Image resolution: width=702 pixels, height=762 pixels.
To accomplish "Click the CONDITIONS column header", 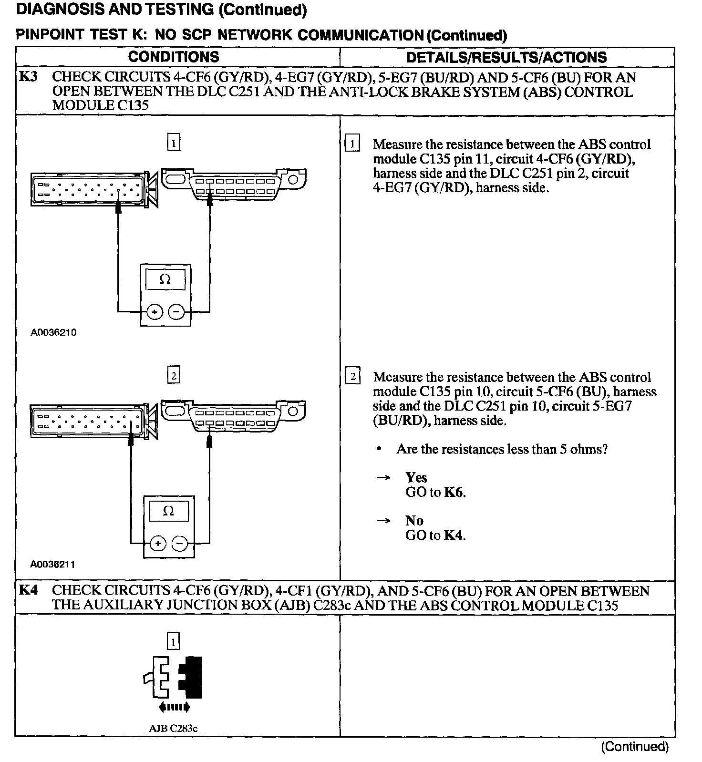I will click(x=174, y=57).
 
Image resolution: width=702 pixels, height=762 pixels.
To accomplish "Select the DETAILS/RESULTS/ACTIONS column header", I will click(x=506, y=58).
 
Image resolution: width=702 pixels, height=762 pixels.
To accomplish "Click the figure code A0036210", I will click(x=53, y=332).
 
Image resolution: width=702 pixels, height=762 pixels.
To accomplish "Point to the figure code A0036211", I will click(x=52, y=565).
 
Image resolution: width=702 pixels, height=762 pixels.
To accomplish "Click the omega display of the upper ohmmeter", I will click(x=165, y=279).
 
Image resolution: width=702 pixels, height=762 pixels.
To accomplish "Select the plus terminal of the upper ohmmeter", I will click(x=154, y=312).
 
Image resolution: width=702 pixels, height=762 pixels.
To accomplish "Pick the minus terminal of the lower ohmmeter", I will click(x=179, y=544).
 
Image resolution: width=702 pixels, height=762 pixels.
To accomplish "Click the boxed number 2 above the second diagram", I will click(x=174, y=376).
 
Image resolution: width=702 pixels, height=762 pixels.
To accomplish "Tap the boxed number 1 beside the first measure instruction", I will click(x=352, y=144).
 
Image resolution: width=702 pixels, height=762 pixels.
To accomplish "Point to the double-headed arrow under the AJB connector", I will click(x=174, y=707).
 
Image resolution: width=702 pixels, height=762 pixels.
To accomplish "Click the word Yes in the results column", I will click(x=416, y=478).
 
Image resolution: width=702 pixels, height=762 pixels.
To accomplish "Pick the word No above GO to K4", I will click(x=414, y=521).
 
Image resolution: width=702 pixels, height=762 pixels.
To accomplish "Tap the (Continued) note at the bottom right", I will click(x=635, y=747).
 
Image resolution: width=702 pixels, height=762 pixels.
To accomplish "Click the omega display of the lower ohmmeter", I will click(x=168, y=511).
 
